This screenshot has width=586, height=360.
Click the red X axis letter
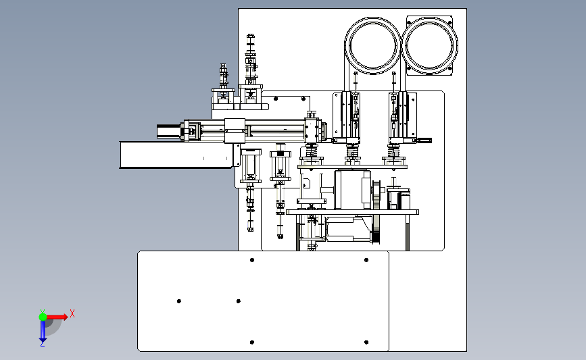pos(72,313)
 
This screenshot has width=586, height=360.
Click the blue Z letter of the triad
pos(42,344)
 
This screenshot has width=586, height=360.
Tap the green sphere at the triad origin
pos(43,317)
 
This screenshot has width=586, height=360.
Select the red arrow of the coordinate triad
pos(57,317)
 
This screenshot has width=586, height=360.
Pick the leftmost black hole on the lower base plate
pos(179,301)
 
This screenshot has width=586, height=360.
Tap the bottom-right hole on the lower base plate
pos(366,342)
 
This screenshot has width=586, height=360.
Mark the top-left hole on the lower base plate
pos(252,260)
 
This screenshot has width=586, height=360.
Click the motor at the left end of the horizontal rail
pos(169,131)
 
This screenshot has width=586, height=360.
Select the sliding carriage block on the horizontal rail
pos(235,131)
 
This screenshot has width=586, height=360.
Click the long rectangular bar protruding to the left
pos(176,155)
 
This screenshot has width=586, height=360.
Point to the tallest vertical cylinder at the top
pos(251,59)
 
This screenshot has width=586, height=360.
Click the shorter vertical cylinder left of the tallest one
pos(223,76)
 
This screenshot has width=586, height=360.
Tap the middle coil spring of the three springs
pos(352,152)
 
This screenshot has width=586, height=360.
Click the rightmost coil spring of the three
pos(393,151)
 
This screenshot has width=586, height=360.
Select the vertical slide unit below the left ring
pos(347,117)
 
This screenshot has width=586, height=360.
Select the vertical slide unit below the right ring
pos(403,117)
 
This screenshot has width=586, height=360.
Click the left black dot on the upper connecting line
pos(276,99)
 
